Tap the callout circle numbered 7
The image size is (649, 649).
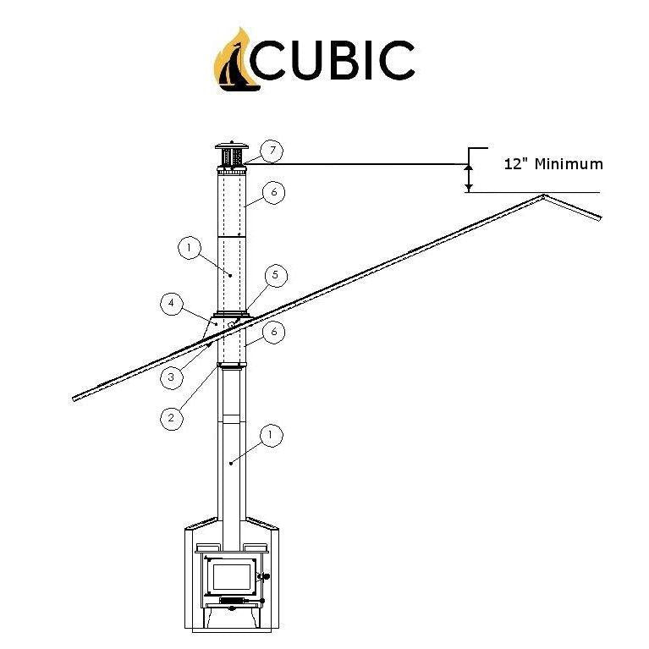tap(271, 151)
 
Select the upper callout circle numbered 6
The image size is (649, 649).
tap(272, 193)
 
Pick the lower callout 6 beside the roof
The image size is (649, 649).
tap(272, 332)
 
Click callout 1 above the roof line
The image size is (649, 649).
tap(189, 248)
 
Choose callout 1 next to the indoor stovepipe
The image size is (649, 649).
tap(270, 436)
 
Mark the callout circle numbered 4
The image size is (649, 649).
tap(171, 304)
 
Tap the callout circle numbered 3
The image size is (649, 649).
tap(171, 377)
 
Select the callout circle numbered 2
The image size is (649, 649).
tap(171, 416)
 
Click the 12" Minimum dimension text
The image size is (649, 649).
tap(553, 164)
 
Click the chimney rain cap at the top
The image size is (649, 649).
tap(230, 155)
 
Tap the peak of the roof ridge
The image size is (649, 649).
tap(543, 196)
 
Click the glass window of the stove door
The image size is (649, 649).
tap(231, 577)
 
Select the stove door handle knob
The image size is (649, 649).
tap(264, 579)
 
